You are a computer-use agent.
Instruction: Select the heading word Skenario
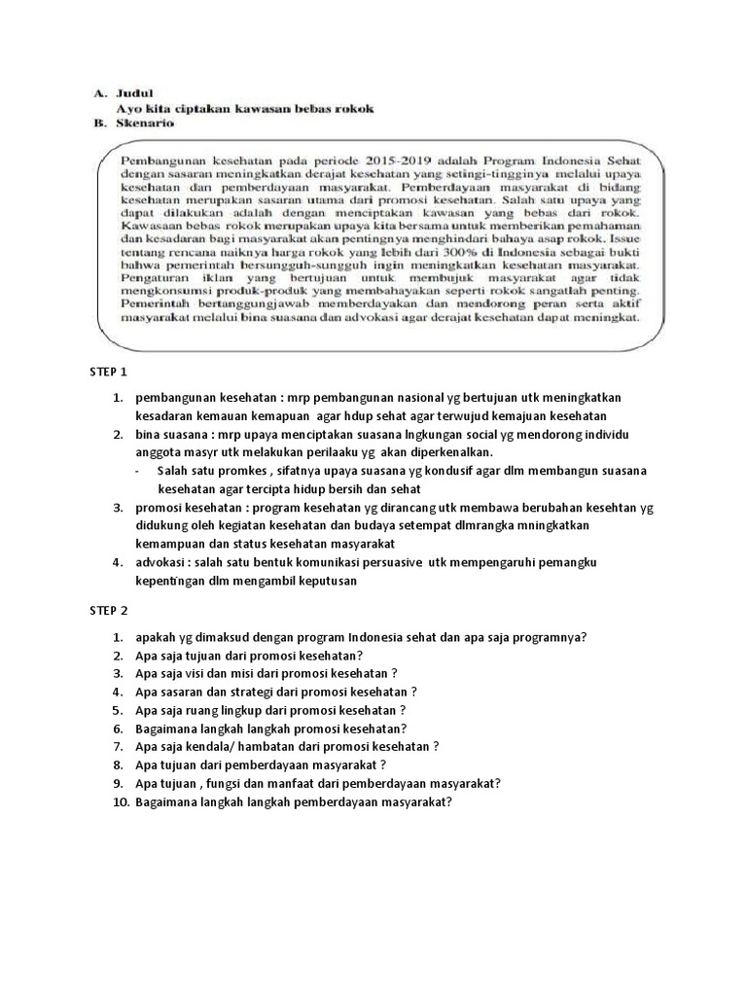[x=146, y=124]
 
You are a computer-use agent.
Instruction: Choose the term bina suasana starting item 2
[x=168, y=435]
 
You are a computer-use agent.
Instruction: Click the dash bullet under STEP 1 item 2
[x=137, y=471]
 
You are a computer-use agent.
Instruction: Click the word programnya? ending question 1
[x=543, y=637]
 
